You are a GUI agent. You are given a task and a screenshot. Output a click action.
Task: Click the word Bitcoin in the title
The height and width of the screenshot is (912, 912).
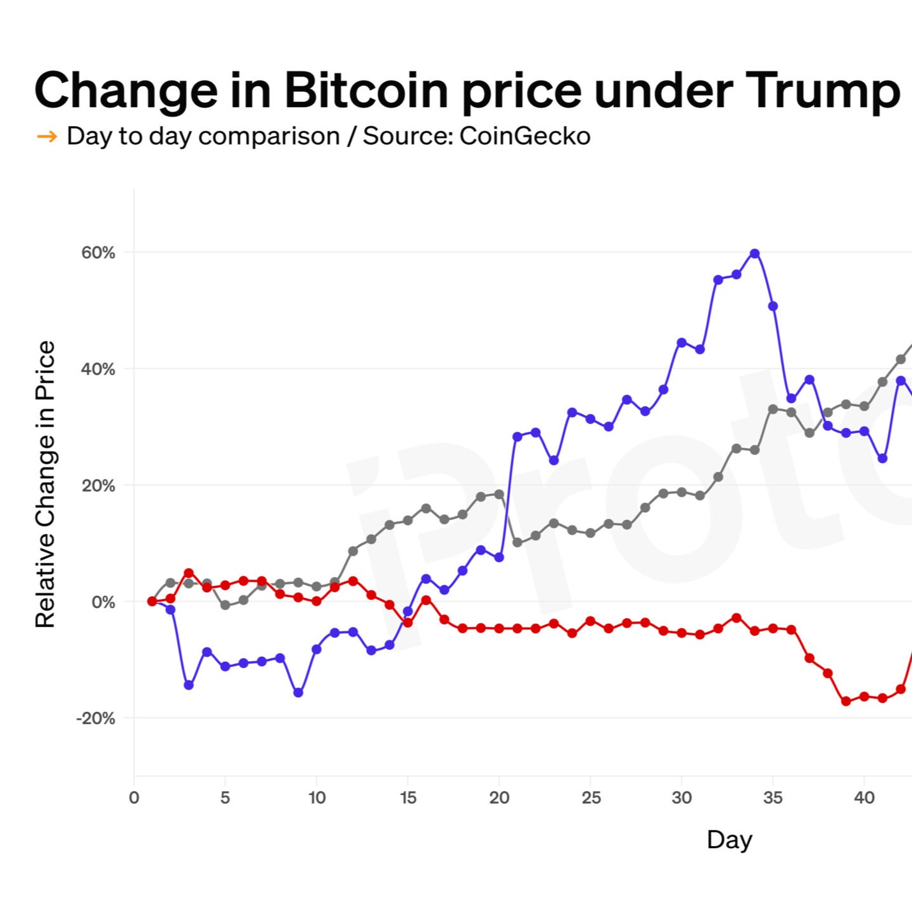point(367,91)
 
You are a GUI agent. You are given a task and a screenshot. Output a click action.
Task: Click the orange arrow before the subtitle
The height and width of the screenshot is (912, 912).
point(47,136)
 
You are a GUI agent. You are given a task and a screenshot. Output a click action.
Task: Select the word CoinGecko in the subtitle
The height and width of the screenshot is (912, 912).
point(524,136)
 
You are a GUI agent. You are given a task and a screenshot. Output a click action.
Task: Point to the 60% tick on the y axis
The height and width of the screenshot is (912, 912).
point(98,253)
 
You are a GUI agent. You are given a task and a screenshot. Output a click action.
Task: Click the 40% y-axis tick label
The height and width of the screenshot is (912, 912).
point(98,369)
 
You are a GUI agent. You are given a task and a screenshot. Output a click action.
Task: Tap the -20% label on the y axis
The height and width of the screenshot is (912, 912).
point(96,718)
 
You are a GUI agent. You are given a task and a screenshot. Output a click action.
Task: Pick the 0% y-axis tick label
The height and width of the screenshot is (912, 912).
point(103,602)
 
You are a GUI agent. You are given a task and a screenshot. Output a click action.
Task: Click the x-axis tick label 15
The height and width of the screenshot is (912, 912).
point(408,797)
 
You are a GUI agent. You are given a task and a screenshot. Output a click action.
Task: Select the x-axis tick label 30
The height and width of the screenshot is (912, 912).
point(681,797)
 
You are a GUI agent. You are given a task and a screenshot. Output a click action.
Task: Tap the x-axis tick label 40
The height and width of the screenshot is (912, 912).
point(864,797)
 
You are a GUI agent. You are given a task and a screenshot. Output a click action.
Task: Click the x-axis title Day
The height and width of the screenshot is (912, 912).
point(730,840)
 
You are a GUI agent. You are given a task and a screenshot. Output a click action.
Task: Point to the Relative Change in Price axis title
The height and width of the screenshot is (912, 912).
point(46,484)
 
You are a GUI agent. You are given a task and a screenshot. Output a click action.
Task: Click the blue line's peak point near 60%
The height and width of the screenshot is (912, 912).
point(754,253)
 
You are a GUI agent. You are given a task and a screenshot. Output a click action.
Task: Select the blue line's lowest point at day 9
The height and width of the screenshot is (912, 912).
point(298,693)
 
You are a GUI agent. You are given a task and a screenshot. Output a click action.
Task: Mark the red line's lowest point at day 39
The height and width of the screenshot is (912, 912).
point(845,701)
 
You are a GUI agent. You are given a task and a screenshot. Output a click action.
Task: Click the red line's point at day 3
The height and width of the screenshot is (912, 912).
point(189,573)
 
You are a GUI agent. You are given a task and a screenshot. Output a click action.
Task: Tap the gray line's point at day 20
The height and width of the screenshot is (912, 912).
point(499,494)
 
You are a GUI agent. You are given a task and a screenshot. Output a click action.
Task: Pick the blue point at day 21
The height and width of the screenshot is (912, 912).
point(517,436)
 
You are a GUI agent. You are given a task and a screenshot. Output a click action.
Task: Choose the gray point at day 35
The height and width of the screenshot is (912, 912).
point(773,409)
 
